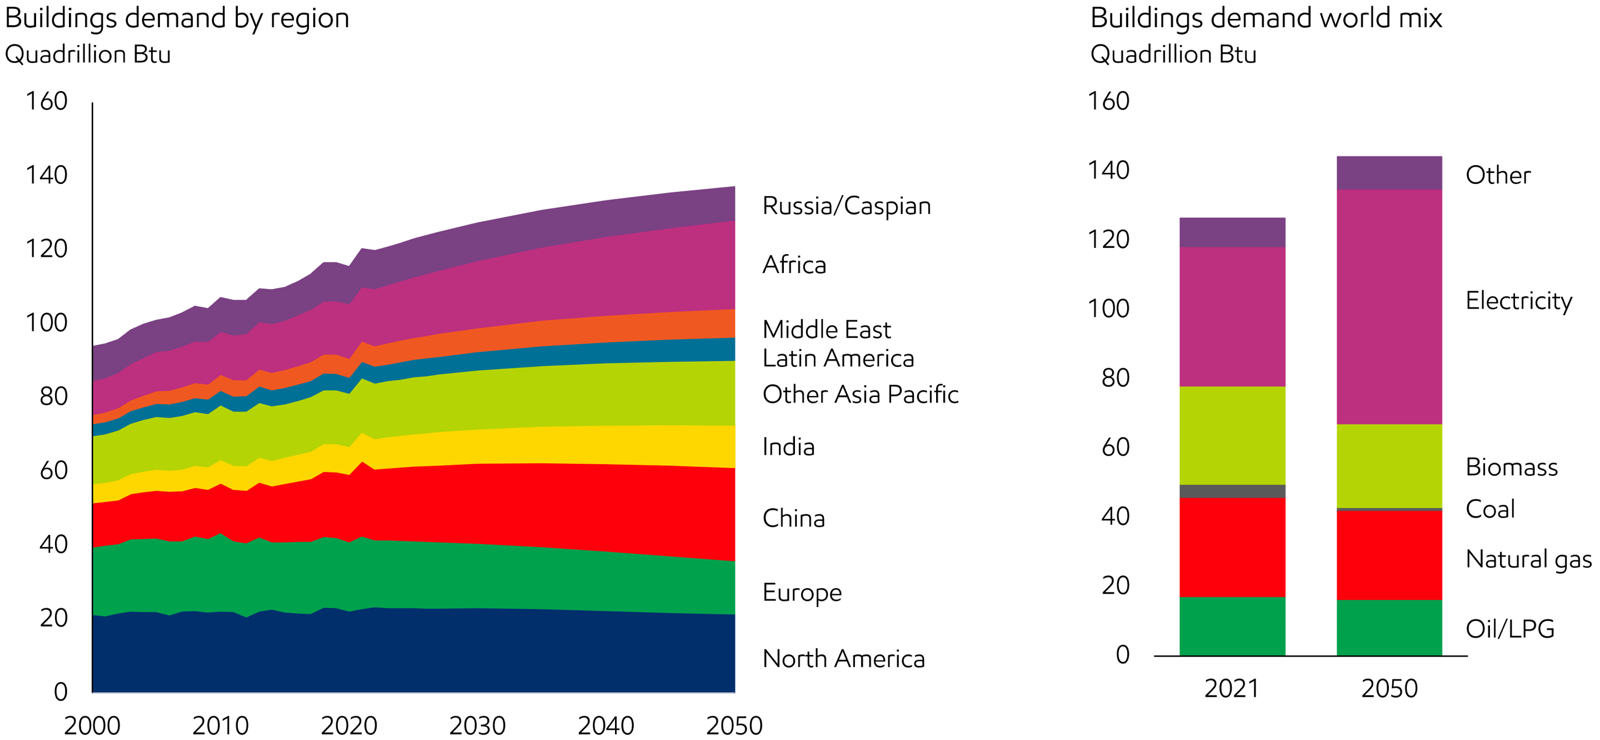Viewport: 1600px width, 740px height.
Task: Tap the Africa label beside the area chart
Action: tap(794, 265)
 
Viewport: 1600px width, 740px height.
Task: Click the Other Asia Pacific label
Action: tap(860, 394)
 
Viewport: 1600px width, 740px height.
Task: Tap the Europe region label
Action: tap(802, 593)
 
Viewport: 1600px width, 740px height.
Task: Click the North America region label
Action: tap(843, 659)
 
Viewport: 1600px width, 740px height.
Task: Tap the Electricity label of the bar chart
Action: tap(1519, 302)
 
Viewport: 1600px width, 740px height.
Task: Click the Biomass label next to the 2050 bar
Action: tap(1512, 467)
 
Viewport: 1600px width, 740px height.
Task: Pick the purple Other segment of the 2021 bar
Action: tap(1232, 232)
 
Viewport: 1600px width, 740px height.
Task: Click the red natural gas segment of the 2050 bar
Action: tap(1389, 554)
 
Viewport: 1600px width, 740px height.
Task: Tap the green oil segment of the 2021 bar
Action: tap(1232, 625)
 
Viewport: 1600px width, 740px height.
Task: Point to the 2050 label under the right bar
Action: tap(1389, 688)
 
